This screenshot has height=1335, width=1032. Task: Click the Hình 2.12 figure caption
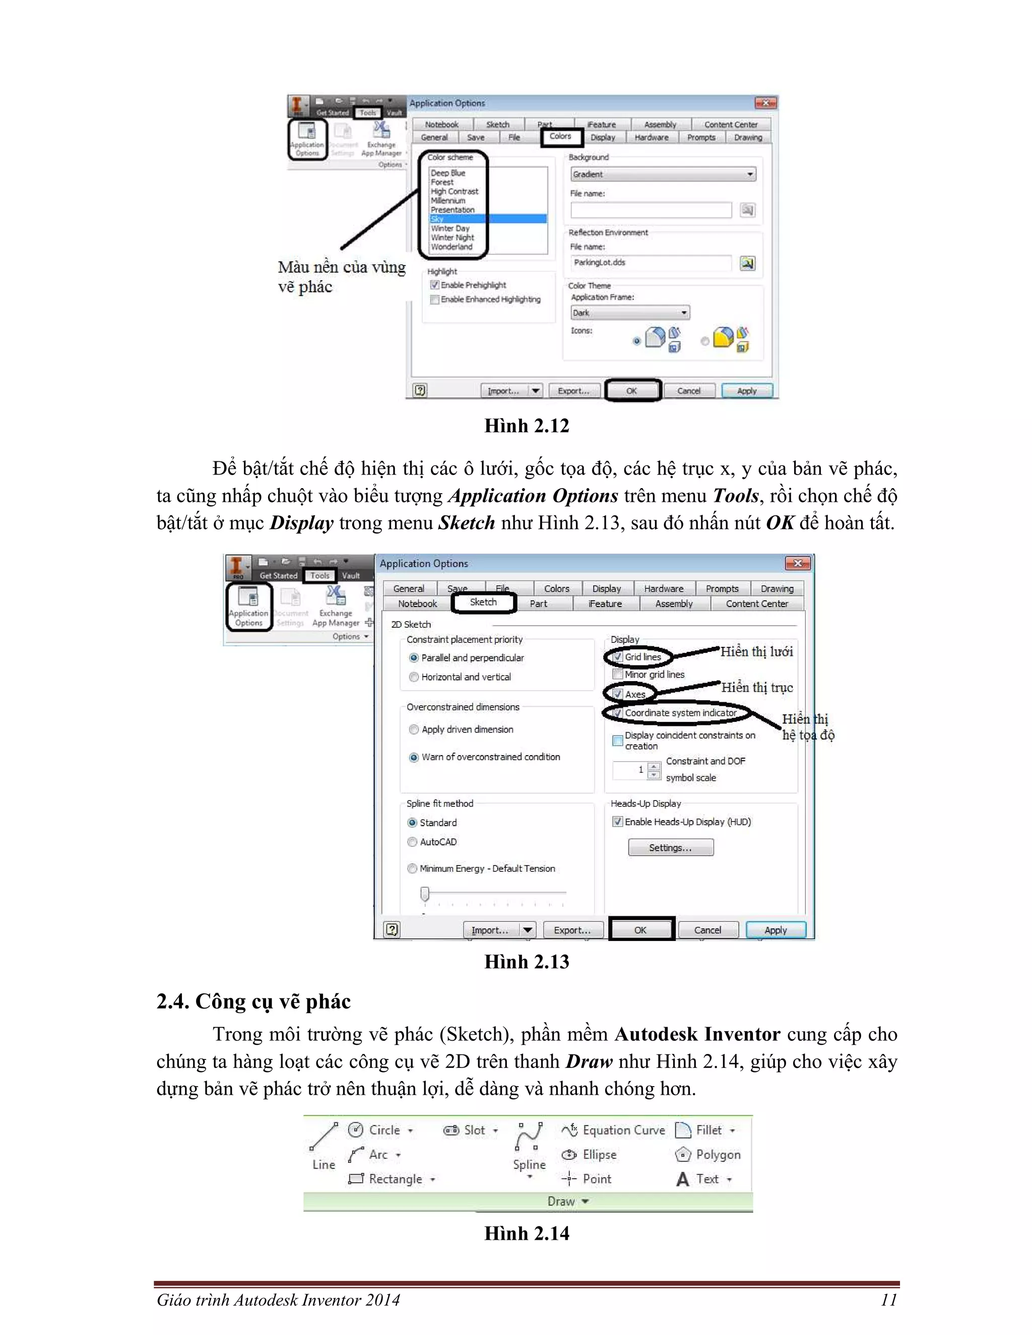[x=527, y=426]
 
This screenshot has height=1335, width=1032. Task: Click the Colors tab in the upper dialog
[x=560, y=137]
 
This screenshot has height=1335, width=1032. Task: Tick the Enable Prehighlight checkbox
[x=435, y=285]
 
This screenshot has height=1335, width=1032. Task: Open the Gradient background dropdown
[x=663, y=174]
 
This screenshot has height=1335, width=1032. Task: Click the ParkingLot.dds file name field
[x=651, y=263]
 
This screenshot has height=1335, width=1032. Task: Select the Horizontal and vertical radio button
[x=414, y=677]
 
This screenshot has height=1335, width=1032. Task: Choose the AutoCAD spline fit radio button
[x=413, y=842]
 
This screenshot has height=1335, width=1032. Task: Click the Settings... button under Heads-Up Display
[x=670, y=847]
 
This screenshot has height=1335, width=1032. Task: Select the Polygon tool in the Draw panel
[x=708, y=1154]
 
